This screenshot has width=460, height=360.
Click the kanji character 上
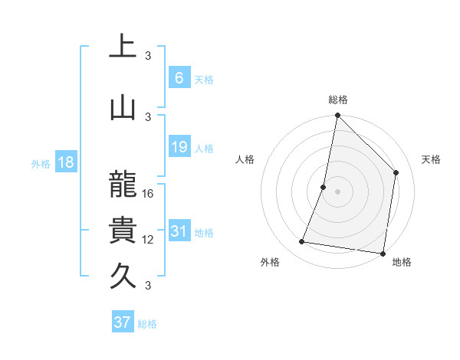[123, 48]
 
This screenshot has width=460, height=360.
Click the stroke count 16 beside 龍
[149, 194]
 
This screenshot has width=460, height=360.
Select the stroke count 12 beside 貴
[149, 240]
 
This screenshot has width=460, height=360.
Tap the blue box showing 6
[179, 78]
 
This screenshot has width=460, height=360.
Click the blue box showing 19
[179, 147]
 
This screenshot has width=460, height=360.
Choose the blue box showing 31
[179, 231]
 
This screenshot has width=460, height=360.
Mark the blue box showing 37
[122, 322]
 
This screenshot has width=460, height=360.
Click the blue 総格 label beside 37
[147, 324]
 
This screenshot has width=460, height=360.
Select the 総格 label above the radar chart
[338, 100]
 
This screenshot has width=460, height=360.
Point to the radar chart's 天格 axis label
[432, 159]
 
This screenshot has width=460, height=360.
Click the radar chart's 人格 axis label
[245, 159]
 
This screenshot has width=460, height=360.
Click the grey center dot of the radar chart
[338, 191]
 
